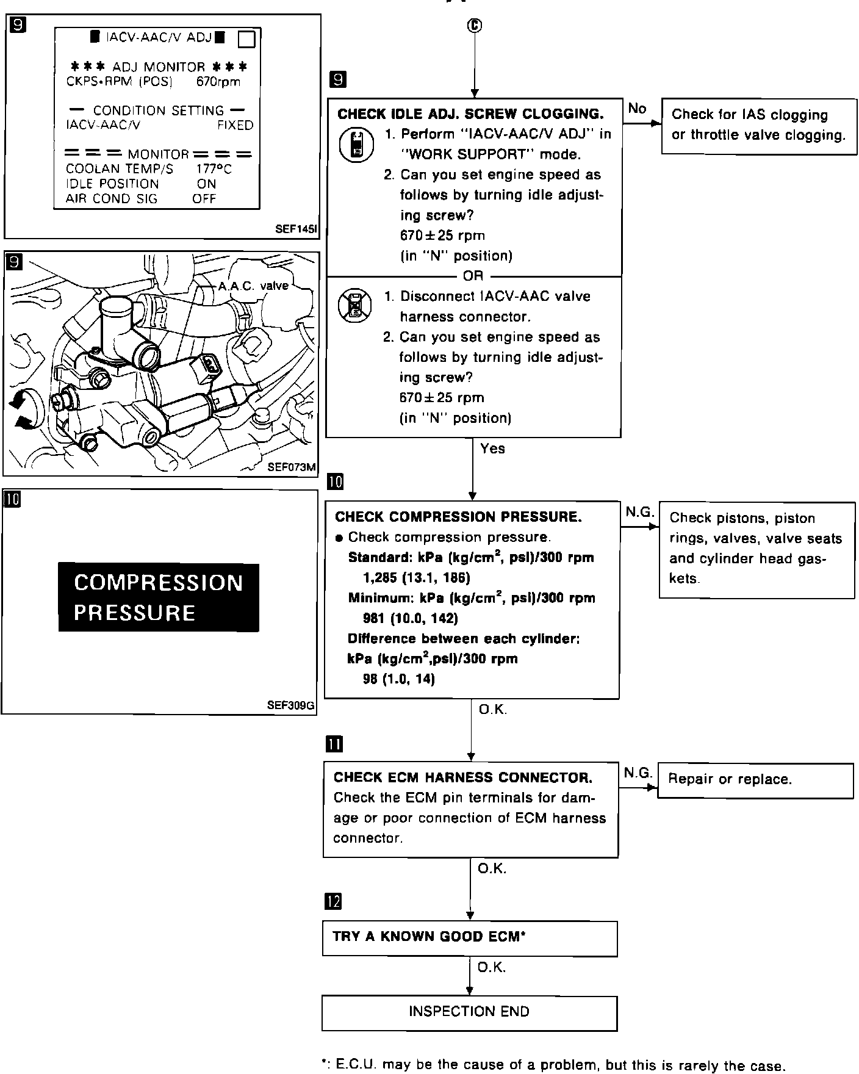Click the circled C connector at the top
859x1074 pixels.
(x=474, y=25)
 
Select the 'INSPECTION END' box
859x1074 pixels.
(x=469, y=1012)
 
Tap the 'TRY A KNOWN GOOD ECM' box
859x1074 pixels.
(x=469, y=938)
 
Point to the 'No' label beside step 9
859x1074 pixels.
(x=636, y=109)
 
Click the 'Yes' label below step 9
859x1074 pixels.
(x=492, y=449)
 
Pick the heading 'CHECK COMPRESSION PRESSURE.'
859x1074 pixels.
(x=458, y=517)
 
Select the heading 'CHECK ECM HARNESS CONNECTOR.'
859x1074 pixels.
(x=462, y=777)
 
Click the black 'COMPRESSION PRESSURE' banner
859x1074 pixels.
(x=159, y=597)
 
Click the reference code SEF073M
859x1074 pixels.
(x=292, y=467)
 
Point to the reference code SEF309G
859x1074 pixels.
(x=290, y=705)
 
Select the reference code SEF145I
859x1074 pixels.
(x=296, y=229)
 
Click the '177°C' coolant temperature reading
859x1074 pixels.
(x=214, y=169)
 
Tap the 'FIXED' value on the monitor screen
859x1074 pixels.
(x=235, y=125)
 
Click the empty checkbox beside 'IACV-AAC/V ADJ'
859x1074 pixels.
(x=245, y=39)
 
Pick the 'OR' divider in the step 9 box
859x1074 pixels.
(x=473, y=276)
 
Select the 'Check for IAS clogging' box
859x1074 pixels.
(x=759, y=126)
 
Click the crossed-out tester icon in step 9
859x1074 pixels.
(x=354, y=305)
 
